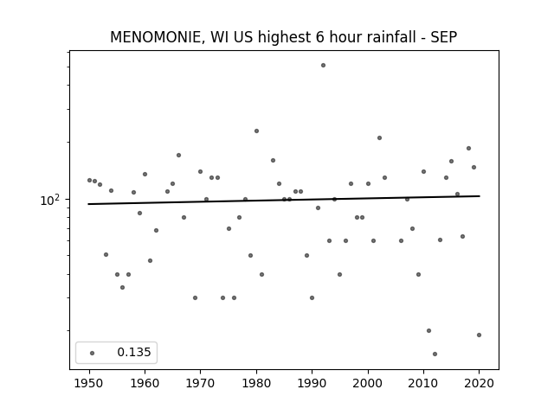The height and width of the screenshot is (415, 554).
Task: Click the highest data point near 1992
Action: pos(323,66)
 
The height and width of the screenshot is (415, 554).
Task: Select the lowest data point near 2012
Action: pos(435,354)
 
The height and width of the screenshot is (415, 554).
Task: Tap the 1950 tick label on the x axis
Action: pos(89,383)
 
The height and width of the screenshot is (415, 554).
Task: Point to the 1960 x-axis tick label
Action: pos(145,383)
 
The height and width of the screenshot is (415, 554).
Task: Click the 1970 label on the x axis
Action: pos(200,383)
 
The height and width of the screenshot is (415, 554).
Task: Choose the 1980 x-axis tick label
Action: pos(256,383)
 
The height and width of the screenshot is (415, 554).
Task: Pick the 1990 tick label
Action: pos(312,383)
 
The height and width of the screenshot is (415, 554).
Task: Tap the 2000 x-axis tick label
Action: pos(368,383)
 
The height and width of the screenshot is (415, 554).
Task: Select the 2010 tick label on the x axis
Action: pos(423,383)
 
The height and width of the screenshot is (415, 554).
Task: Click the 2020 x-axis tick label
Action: pos(479,383)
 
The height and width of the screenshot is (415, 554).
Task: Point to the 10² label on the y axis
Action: pos(50,200)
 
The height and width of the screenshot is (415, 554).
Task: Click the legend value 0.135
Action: pos(134,352)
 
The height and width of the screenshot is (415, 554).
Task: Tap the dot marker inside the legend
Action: pos(93,353)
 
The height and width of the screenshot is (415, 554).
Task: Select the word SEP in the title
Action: pos(444,37)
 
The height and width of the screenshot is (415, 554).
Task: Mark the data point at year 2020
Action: pos(479,335)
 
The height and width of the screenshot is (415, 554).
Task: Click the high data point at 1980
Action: pos(256,131)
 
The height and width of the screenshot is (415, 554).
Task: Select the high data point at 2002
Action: pos(379,138)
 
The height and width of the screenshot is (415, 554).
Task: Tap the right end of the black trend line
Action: pos(480,196)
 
